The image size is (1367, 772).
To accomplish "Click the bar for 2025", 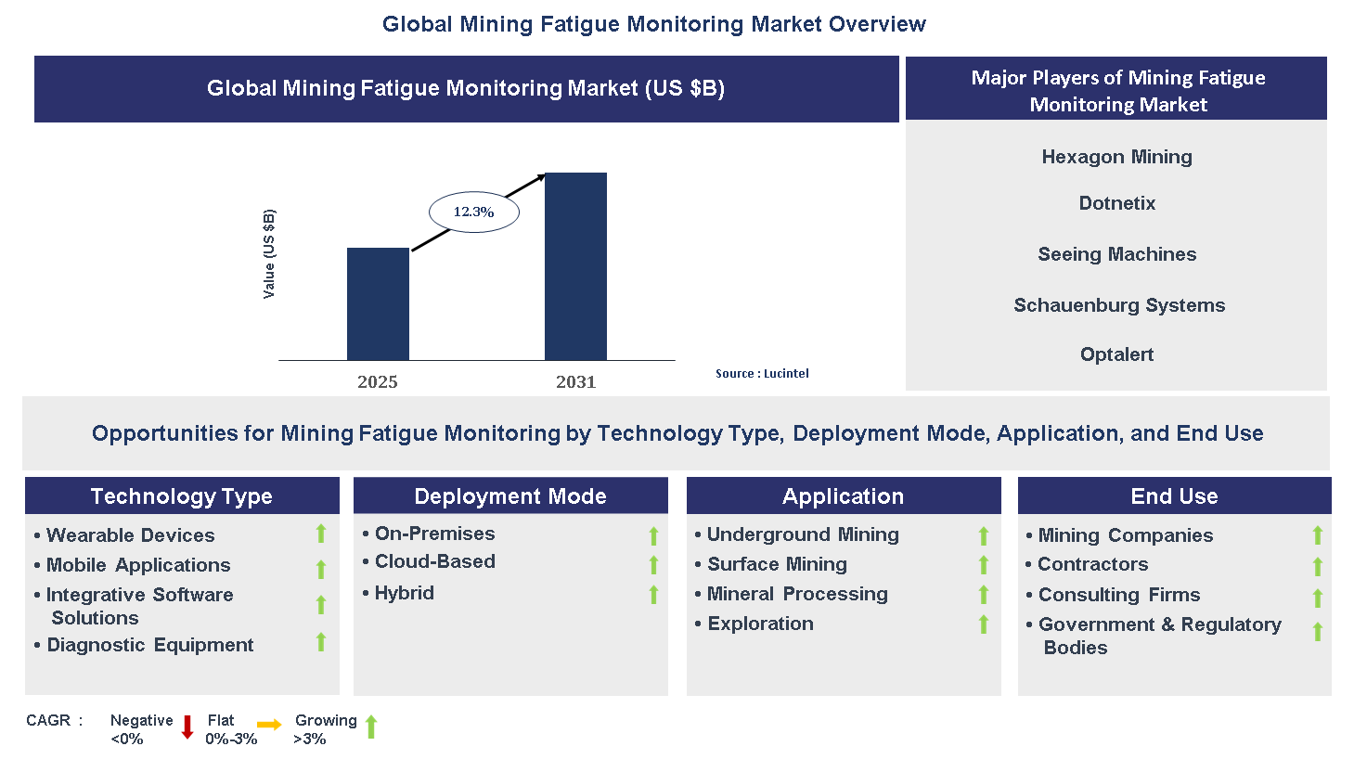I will coord(378,303).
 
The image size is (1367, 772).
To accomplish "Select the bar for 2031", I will coord(575,266).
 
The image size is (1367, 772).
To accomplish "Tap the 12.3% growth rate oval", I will coord(473,212).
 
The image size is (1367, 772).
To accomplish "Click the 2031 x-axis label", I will coord(575,382).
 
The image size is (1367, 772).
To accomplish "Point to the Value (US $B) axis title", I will coord(269,253).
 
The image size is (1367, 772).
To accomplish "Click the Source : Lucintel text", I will coord(762,374).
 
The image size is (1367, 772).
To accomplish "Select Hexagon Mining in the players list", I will coord(1116,157).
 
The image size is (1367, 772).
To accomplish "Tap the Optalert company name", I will coord(1116,354).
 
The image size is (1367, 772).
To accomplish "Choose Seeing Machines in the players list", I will coord(1116,254).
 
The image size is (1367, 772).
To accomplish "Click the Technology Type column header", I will coord(182,496).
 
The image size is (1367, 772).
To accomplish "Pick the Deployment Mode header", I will coord(510,496).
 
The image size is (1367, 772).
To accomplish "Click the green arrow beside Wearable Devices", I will coord(321,534).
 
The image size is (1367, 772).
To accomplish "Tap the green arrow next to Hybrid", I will coord(653,595).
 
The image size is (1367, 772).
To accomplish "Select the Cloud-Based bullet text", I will coord(434,561).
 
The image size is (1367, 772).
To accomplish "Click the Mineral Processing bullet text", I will coord(797,594).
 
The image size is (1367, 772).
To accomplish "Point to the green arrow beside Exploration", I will coord(984,624).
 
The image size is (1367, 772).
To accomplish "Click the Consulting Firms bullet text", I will coord(1118,595).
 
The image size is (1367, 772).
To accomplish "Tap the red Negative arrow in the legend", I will coord(187,727).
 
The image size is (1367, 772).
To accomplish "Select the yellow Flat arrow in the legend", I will coord(269,726).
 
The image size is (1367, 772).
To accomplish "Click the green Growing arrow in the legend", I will coord(371,727).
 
